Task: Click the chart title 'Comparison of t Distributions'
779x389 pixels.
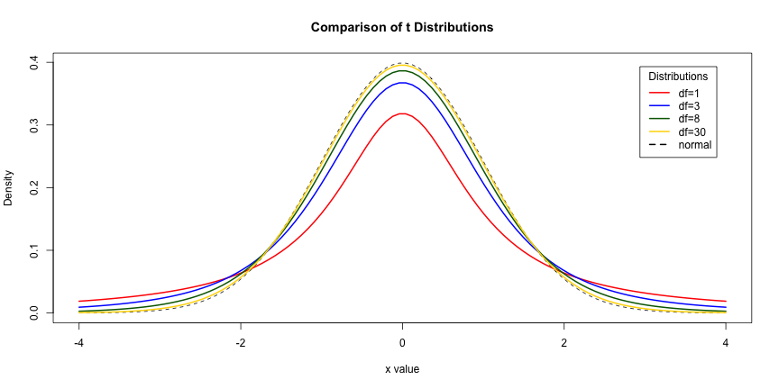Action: click(402, 27)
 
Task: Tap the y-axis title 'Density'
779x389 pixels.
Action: click(9, 188)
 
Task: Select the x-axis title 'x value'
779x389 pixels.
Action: click(402, 368)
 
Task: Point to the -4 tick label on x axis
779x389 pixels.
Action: click(79, 343)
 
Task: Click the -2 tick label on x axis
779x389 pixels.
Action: click(241, 343)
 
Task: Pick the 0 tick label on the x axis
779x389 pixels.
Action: click(402, 343)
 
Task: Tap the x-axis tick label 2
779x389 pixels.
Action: click(564, 343)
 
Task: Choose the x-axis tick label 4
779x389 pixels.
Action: click(726, 343)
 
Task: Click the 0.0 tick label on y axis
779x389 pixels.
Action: click(34, 312)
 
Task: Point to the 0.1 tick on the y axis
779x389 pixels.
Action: click(34, 249)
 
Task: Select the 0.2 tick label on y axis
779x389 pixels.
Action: click(34, 187)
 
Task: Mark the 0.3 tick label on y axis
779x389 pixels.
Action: click(34, 124)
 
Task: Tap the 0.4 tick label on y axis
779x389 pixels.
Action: click(34, 61)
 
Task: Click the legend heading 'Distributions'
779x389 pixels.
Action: click(678, 77)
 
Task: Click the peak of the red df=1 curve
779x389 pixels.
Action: click(402, 113)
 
